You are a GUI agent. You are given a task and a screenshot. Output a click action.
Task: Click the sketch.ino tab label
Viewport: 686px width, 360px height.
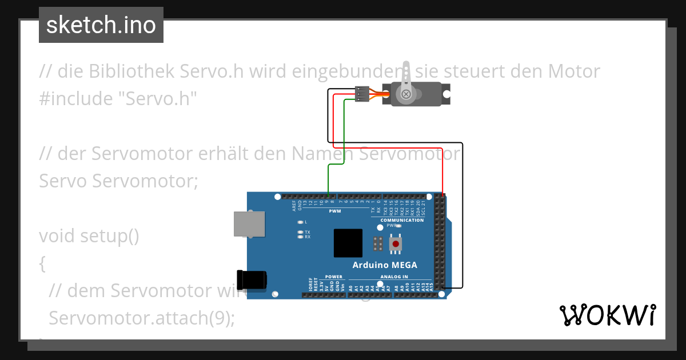[101, 25]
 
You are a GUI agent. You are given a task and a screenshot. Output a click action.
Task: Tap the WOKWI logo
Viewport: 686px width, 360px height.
[607, 315]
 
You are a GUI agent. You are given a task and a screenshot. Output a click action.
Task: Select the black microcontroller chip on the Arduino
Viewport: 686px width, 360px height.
[348, 243]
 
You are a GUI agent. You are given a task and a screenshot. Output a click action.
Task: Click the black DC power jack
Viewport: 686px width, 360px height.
[253, 279]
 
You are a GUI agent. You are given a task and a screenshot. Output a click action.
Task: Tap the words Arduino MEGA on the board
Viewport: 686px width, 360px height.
[385, 265]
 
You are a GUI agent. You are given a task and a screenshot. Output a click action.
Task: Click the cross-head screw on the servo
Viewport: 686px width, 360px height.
[406, 94]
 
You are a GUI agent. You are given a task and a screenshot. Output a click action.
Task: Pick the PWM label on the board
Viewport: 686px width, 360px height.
[334, 211]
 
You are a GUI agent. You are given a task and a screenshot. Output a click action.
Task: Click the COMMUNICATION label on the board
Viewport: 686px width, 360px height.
[402, 220]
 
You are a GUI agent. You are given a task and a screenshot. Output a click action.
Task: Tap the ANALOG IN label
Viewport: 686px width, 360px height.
[394, 277]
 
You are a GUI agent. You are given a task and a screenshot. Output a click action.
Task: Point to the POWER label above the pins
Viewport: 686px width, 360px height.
[334, 277]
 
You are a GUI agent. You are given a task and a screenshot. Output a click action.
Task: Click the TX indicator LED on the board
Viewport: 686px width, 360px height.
[301, 232]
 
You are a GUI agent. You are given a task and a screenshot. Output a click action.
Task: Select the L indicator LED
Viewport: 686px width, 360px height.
[301, 222]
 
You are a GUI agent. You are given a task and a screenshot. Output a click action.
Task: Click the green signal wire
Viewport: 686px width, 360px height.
[329, 177]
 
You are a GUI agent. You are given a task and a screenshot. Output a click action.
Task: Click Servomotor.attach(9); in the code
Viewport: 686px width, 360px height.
[142, 318]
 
